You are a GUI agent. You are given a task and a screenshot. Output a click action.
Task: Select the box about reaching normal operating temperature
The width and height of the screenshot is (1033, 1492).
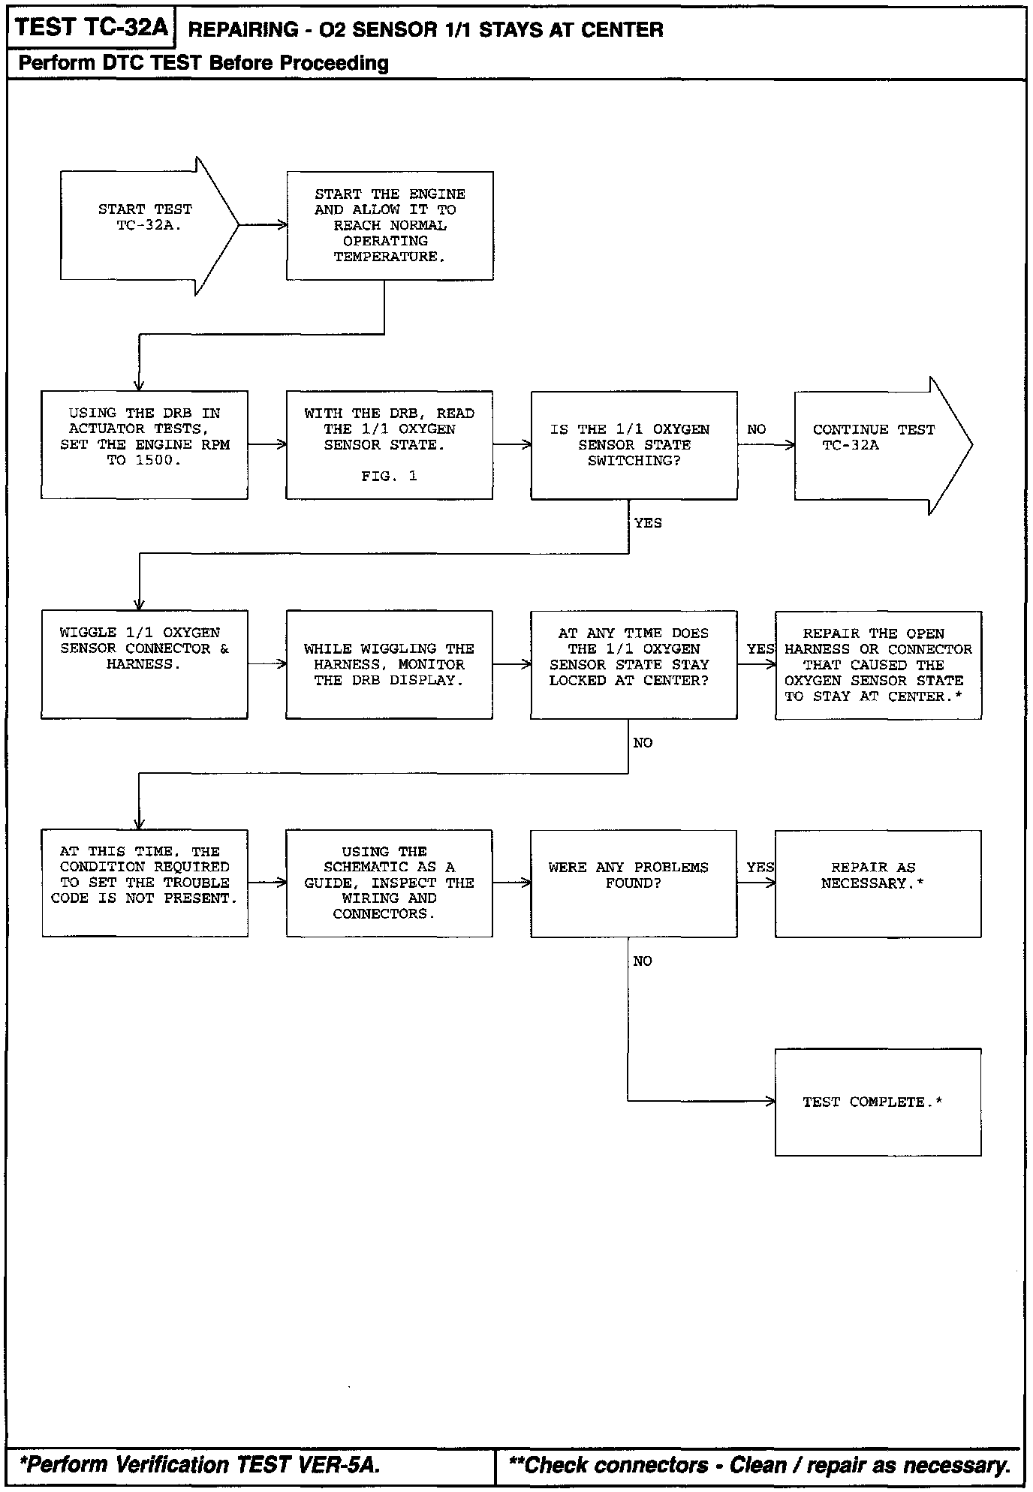pyautogui.click(x=390, y=226)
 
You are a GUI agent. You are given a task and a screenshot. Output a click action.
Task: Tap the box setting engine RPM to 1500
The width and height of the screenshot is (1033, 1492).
pyautogui.click(x=144, y=444)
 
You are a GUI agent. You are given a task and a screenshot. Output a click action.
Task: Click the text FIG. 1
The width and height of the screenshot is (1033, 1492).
pyautogui.click(x=389, y=476)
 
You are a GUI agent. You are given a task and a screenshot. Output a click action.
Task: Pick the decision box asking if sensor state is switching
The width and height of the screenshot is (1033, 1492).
pyautogui.click(x=634, y=445)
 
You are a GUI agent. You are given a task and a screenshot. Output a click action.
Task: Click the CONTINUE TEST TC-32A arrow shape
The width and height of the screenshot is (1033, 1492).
pyautogui.click(x=875, y=445)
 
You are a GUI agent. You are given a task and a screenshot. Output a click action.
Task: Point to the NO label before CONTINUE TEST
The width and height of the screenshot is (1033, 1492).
pyautogui.click(x=757, y=429)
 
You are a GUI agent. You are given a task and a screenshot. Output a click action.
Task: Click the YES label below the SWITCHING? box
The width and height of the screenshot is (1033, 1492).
pyautogui.click(x=648, y=523)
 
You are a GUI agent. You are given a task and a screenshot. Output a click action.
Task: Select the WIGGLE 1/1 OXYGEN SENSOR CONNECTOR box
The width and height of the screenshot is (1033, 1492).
pyautogui.click(x=144, y=664)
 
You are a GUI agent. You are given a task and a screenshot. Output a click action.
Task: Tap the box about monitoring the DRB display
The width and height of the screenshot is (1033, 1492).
pyautogui.click(x=389, y=664)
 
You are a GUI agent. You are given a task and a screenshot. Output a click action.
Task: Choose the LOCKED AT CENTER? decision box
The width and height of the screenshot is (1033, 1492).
pyautogui.click(x=634, y=664)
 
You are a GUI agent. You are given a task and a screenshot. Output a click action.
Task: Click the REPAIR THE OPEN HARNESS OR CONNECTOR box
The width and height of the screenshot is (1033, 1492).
pyautogui.click(x=878, y=665)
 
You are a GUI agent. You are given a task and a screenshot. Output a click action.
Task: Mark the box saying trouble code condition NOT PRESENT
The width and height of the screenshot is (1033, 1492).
pyautogui.click(x=144, y=883)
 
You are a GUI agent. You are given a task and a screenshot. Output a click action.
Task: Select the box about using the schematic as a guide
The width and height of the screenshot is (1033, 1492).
pyautogui.click(x=389, y=883)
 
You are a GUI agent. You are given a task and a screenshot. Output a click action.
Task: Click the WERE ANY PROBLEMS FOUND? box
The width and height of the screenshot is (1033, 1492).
pyautogui.click(x=634, y=883)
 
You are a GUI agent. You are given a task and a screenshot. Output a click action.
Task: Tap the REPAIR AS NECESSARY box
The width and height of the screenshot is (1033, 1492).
pyautogui.click(x=878, y=883)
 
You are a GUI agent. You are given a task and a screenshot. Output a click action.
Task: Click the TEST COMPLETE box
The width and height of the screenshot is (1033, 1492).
pyautogui.click(x=878, y=1102)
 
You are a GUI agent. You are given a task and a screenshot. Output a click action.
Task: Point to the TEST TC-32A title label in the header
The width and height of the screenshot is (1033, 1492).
pyautogui.click(x=91, y=28)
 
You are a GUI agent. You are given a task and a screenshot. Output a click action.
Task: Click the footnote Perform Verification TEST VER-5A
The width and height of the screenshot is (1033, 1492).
pyautogui.click(x=200, y=1464)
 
